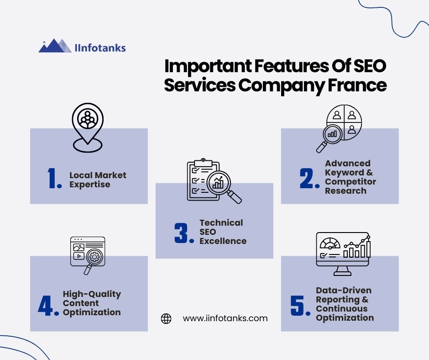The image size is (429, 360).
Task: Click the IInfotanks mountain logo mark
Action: [x=55, y=46]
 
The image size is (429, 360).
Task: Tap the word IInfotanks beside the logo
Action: [x=100, y=48]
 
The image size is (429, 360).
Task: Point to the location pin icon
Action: [x=88, y=127]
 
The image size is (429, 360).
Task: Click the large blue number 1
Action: [x=52, y=178]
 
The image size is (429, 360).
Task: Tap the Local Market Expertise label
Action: [x=98, y=180]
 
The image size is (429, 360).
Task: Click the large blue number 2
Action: [x=306, y=178]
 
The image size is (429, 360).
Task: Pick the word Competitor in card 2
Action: [x=351, y=182]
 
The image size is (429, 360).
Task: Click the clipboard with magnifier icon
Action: [x=214, y=181]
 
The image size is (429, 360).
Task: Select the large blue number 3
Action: [x=181, y=233]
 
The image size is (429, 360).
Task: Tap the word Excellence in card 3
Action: [x=223, y=241]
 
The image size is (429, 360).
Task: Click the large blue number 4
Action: [x=45, y=306]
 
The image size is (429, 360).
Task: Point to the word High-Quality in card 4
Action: [x=92, y=294]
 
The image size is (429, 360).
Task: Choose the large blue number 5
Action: [x=298, y=306]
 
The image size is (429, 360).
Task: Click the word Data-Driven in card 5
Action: [x=344, y=291]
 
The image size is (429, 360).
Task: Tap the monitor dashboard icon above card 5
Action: [x=343, y=254]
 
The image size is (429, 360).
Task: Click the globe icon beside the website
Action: [x=166, y=318]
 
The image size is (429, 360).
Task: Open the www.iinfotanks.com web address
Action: [x=225, y=318]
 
